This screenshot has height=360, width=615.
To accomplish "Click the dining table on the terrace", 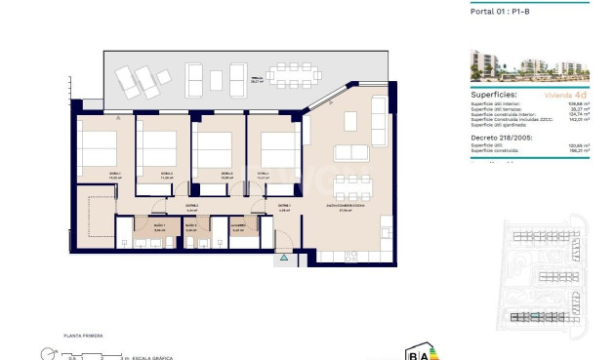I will [x=294, y=75].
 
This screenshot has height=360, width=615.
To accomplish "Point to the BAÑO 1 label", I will [x=158, y=226].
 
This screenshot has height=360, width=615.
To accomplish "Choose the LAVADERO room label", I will [x=238, y=226].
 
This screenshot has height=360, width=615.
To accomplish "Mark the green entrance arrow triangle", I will [x=284, y=258].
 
